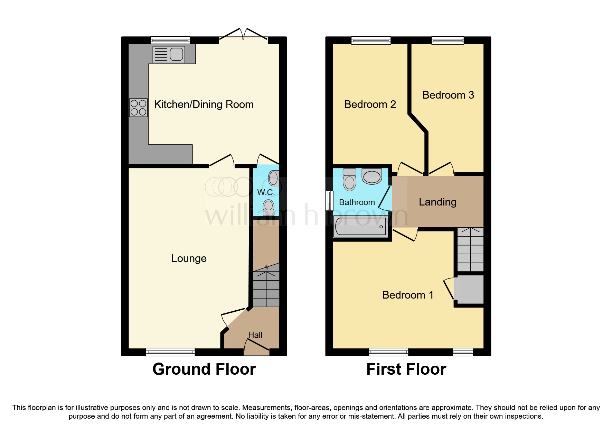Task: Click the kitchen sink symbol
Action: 169,54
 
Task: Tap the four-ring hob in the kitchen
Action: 138,108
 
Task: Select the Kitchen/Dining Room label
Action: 204,104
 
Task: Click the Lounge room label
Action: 189,258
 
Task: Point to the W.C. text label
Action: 266,192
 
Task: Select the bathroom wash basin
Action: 372,176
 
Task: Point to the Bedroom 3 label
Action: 448,95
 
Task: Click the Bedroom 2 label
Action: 370,104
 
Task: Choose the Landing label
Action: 437,202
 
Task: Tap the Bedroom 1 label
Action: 407,295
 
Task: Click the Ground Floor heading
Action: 204,369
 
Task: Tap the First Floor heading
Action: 406,369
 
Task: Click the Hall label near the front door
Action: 255,335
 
